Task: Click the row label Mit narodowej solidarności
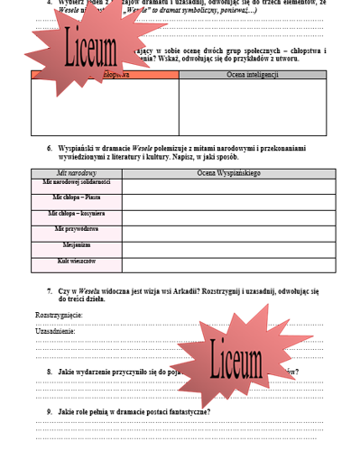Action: click(77, 181)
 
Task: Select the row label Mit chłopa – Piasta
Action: click(77, 197)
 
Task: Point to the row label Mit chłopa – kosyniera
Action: click(77, 214)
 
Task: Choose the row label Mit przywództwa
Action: click(77, 229)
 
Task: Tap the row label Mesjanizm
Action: click(77, 244)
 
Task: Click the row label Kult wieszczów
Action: click(77, 261)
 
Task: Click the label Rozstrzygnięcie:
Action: click(59, 315)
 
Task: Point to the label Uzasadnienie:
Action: click(55, 331)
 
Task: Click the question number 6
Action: click(49, 146)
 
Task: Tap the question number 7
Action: click(49, 290)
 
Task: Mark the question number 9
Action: click(49, 412)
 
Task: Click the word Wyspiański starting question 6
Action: click(76, 146)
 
